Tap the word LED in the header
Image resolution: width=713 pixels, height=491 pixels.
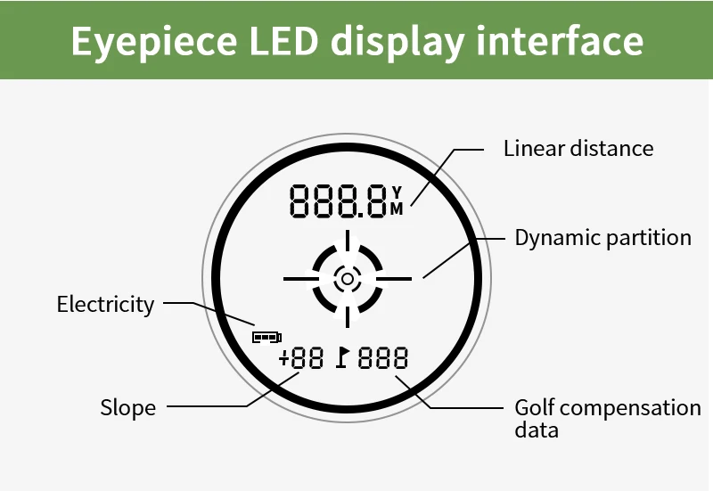(x=278, y=41)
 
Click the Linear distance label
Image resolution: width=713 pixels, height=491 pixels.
(x=578, y=148)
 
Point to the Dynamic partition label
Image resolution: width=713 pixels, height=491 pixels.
(x=602, y=238)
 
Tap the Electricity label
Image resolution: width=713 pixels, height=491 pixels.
(x=105, y=305)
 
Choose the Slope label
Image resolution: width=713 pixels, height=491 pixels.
(x=127, y=408)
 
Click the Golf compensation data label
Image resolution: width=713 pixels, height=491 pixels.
(x=607, y=419)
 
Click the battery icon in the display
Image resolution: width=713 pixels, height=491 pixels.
(x=266, y=337)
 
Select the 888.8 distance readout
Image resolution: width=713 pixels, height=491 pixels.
(x=338, y=200)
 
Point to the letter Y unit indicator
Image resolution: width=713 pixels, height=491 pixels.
(x=397, y=192)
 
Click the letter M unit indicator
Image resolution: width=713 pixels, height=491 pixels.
(x=397, y=209)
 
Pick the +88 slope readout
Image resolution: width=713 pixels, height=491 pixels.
(x=300, y=359)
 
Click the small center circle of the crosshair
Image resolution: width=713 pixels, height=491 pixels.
(x=347, y=279)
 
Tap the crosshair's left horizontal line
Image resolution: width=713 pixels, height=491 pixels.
(x=300, y=279)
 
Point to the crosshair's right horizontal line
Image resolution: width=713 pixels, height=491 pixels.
(x=393, y=279)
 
